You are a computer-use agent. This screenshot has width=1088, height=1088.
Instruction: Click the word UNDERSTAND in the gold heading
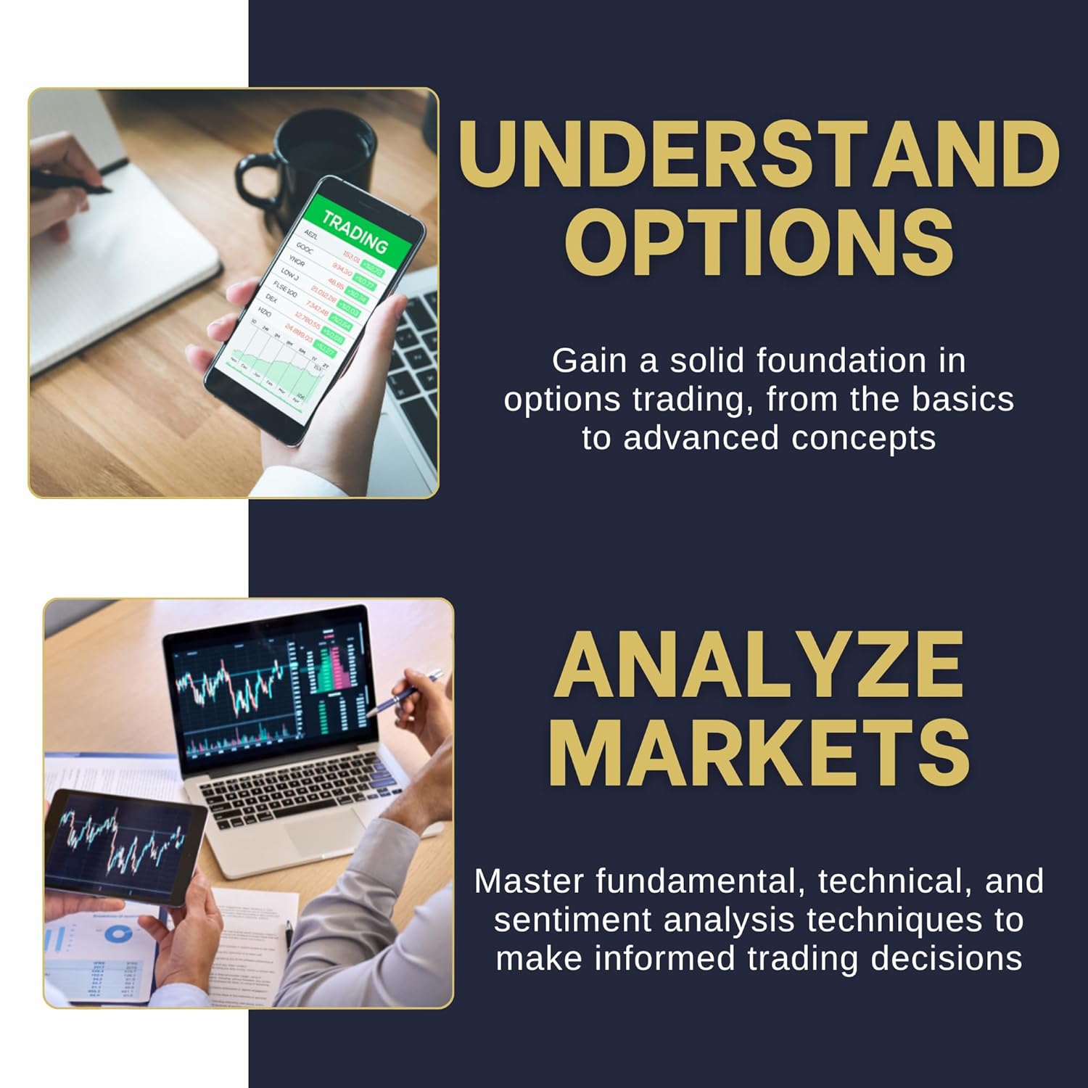pyautogui.click(x=759, y=154)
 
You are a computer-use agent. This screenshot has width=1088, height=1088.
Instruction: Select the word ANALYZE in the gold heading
pyautogui.click(x=759, y=666)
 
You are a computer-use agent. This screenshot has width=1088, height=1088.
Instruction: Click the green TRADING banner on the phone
pyautogui.click(x=355, y=229)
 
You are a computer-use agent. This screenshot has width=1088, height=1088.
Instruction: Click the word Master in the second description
pyautogui.click(x=529, y=881)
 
